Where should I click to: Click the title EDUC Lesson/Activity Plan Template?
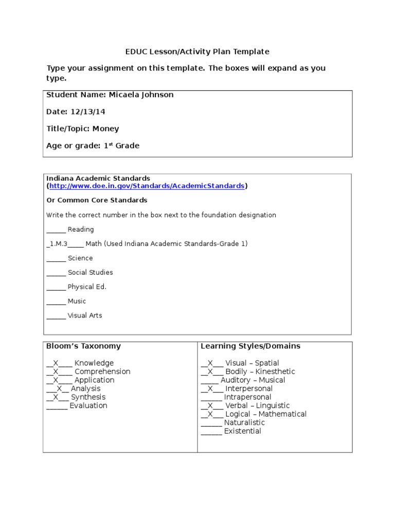point(197,51)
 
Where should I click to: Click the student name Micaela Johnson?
point(141,95)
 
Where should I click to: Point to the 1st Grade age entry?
point(121,145)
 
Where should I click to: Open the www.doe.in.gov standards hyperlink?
point(147,186)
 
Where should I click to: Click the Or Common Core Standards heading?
point(97,200)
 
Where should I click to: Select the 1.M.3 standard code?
point(58,243)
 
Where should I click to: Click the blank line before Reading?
point(56,230)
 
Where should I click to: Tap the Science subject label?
point(80,258)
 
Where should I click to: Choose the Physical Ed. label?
point(87,287)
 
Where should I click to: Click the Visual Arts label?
point(85,315)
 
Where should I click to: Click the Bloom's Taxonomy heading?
point(83,346)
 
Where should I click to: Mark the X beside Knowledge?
point(56,363)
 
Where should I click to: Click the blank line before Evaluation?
point(57,406)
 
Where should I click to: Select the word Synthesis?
point(88,397)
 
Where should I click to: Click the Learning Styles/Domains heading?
point(250,346)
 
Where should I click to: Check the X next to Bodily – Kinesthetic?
point(210,371)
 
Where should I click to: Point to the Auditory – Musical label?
point(253,380)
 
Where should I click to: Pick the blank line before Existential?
point(211,432)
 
